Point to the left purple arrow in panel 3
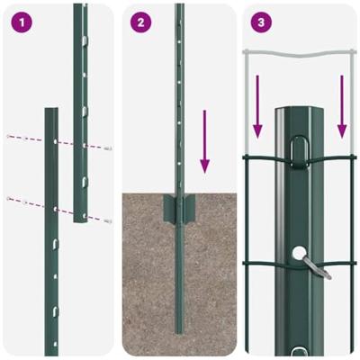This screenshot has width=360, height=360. point(258,106)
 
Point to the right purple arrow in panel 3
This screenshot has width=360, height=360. point(342,106)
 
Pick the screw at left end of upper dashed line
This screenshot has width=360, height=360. point(9,136)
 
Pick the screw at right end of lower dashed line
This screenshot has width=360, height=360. point(108,220)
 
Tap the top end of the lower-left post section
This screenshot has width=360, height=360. point(50,112)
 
